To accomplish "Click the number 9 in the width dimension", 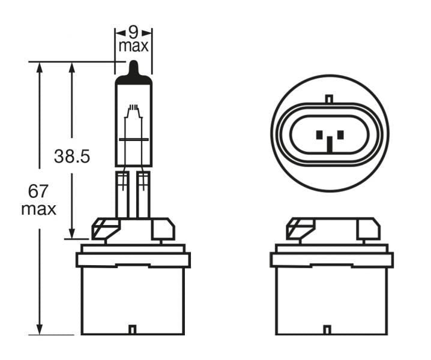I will [x=133, y=31].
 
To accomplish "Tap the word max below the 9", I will [x=133, y=46].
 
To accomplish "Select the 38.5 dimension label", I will [x=71, y=157].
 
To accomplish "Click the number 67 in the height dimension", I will [x=38, y=191].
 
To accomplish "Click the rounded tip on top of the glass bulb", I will [x=133, y=67].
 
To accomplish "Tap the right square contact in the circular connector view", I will [x=339, y=134].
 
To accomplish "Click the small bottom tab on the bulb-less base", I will [x=327, y=329].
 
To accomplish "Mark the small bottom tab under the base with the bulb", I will [x=133, y=329].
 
